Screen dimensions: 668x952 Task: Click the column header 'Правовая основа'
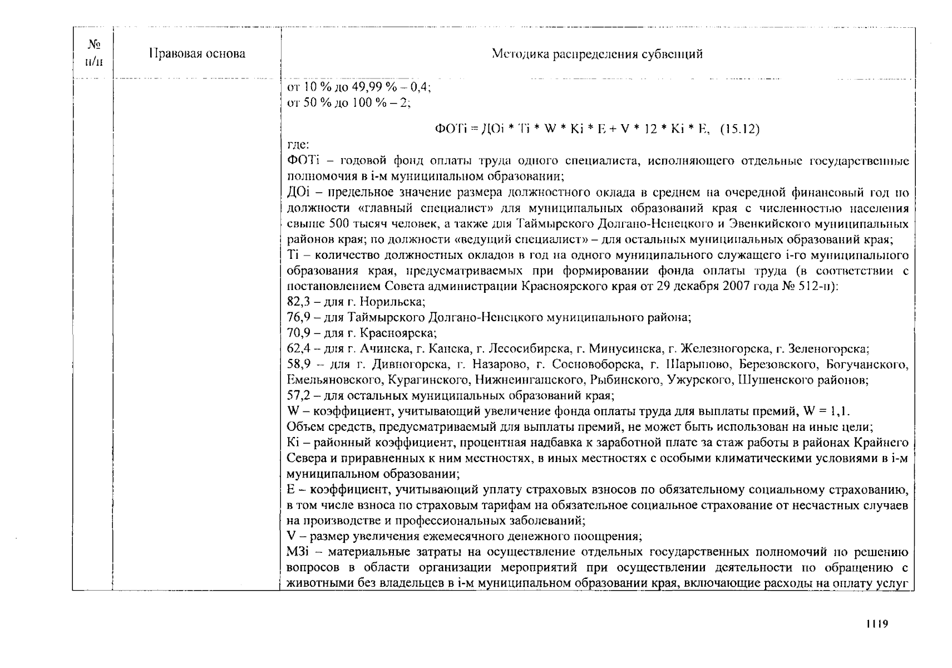pos(197,54)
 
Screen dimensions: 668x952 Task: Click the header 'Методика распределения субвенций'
pos(597,54)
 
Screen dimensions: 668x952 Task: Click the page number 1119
pos(876,623)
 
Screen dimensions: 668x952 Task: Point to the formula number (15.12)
pos(739,129)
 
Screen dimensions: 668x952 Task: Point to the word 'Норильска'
pos(392,302)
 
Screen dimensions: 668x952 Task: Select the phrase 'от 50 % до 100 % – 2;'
pos(348,103)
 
